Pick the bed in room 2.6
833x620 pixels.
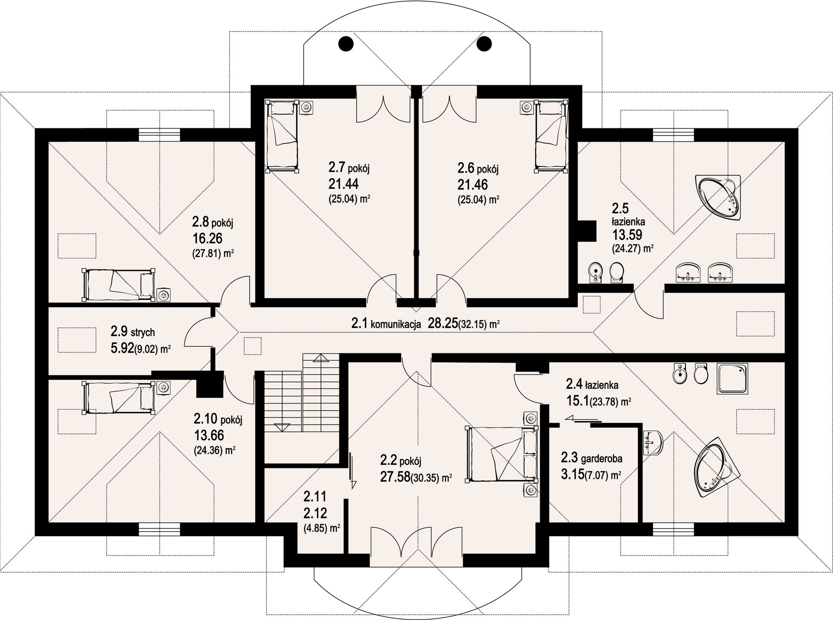[551, 136]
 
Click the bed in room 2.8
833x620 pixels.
[118, 284]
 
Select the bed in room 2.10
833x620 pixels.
[118, 397]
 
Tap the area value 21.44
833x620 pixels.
[343, 184]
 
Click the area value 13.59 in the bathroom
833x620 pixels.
[627, 235]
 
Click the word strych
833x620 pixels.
[142, 333]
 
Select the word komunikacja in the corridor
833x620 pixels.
[396, 324]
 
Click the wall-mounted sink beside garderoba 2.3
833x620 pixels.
[653, 443]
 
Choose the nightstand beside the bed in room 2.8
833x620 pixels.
[164, 295]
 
